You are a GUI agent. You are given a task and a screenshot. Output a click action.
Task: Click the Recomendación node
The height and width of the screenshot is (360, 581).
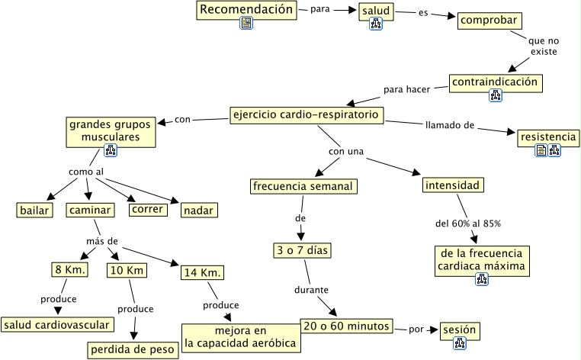(246, 10)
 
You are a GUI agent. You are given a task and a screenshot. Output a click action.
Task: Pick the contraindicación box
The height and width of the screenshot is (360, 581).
(495, 82)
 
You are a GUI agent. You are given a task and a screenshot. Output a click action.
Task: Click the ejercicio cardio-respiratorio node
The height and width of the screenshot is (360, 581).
(307, 115)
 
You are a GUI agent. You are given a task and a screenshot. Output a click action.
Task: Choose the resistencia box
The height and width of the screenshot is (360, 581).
(547, 137)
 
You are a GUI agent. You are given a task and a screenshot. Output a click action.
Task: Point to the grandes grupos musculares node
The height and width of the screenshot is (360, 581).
(110, 130)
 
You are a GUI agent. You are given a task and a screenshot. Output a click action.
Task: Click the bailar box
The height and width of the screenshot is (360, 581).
(35, 210)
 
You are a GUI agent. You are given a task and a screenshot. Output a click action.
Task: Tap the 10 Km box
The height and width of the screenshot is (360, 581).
(127, 270)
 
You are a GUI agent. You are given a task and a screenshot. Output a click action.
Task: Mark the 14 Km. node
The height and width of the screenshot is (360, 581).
(202, 272)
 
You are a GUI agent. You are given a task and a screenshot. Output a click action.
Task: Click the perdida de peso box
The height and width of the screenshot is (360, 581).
(133, 350)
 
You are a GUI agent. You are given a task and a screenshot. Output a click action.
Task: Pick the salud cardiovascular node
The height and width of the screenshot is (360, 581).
(57, 325)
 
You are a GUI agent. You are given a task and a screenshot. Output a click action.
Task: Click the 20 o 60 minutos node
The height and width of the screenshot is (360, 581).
(346, 326)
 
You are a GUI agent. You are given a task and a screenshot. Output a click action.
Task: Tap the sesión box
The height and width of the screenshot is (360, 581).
(461, 330)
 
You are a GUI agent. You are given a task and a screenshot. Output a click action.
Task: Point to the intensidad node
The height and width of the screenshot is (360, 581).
(453, 185)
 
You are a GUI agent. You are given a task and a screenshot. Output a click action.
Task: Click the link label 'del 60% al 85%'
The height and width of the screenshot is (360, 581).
(467, 223)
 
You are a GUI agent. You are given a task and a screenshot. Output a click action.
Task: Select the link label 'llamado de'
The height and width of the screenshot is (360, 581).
(450, 124)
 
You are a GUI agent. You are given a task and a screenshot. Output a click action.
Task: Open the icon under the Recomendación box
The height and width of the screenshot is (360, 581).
(246, 24)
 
